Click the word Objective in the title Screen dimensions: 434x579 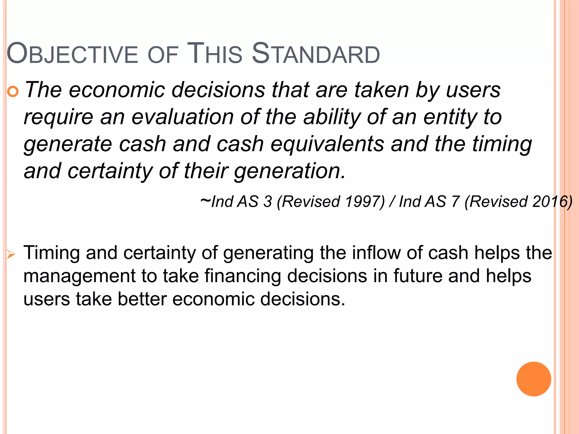click(72, 54)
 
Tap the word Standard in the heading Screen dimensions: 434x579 click(316, 54)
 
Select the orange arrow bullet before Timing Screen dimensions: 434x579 click(11, 255)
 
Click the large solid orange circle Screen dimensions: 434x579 click(533, 379)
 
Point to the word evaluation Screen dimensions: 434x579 click(182, 117)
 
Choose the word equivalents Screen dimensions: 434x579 click(327, 144)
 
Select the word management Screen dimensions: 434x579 click(79, 276)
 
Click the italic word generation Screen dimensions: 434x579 click(289, 171)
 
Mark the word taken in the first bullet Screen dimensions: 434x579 click(382, 90)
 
